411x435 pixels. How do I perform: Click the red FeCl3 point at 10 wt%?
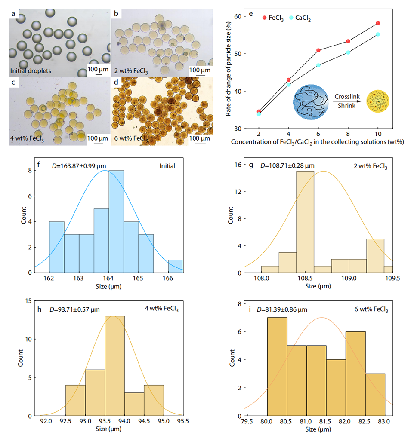[x=378, y=23]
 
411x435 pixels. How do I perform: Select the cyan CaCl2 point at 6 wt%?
[x=318, y=65]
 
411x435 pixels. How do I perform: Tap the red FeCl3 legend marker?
[x=265, y=17]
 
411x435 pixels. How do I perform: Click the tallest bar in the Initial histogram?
[x=116, y=222]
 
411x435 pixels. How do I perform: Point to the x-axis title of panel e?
[x=318, y=141]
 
